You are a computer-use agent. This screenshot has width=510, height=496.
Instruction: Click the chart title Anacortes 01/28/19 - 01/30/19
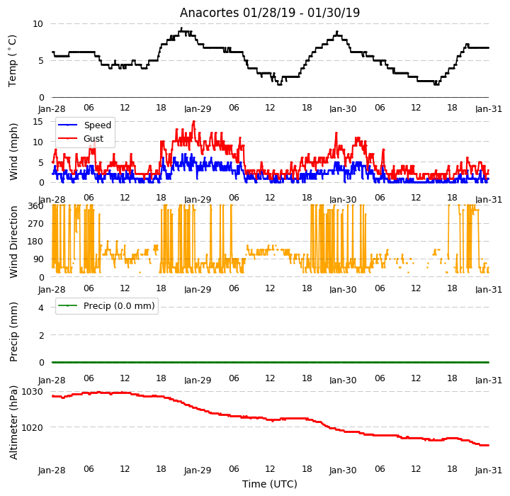[x=270, y=13]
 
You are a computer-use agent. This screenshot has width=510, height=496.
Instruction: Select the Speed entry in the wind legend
[x=98, y=125]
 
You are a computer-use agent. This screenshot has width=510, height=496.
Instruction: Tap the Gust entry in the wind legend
[x=93, y=139]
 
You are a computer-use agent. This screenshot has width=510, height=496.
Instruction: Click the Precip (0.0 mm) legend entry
[x=119, y=306]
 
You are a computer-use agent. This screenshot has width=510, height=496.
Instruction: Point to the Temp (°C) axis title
[x=12, y=61]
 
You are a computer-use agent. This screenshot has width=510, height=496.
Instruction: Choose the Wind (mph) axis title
[x=13, y=152]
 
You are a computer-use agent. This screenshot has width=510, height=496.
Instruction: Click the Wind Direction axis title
[x=13, y=242]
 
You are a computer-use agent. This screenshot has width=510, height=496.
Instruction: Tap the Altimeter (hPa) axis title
[x=13, y=422]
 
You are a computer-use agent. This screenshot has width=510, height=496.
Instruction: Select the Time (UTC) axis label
[x=270, y=484]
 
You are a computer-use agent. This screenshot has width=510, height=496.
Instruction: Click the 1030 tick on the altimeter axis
[x=32, y=392]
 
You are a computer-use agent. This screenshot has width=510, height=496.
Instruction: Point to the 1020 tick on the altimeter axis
[x=32, y=427]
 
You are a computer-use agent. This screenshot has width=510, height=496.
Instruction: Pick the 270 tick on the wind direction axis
[x=36, y=224]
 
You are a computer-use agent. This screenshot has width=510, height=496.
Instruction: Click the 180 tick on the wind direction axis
[x=36, y=242]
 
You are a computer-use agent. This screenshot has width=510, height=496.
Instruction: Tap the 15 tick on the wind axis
[x=38, y=122]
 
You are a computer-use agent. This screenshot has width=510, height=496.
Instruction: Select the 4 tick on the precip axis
[x=41, y=308]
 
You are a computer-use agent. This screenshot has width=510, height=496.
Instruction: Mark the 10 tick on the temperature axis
[x=38, y=24]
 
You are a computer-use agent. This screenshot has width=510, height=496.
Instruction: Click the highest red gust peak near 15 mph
[x=194, y=121]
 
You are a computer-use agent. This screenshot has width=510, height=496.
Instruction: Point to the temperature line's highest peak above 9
[x=181, y=28]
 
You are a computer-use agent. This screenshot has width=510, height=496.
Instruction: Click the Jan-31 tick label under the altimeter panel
[x=489, y=470]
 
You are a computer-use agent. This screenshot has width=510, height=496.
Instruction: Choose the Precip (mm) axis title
[x=13, y=332]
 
